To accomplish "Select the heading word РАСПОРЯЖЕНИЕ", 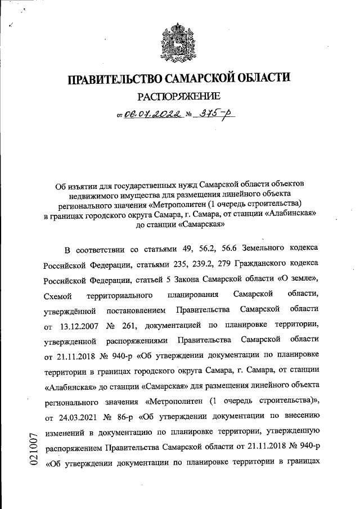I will pos(179,97).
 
